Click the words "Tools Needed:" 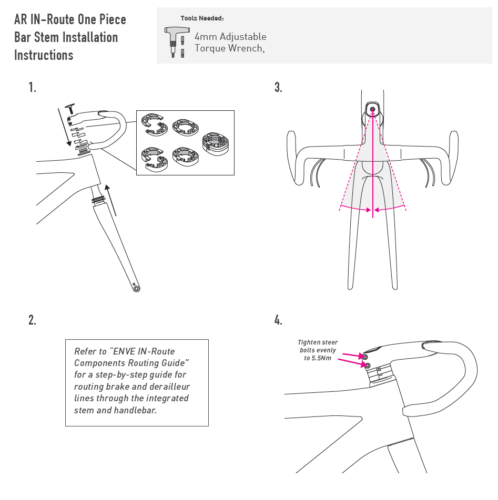pos(202,18)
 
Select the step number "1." pos(33,88)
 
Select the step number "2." pos(33,320)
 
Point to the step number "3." pos(278,88)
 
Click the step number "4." pos(278,320)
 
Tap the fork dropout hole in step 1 pos(137,288)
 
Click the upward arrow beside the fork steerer pos(109,200)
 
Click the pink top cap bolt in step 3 pos(373,109)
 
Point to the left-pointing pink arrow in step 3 pos(387,210)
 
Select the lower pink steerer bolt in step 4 pos(368,365)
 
